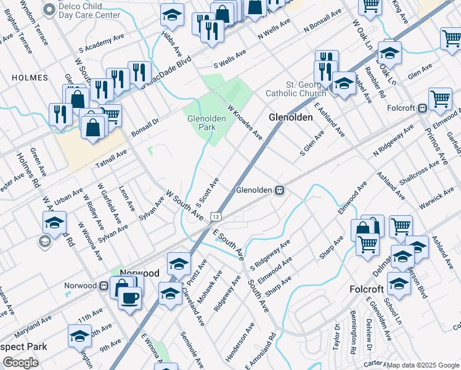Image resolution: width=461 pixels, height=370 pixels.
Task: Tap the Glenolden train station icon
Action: point(279,191)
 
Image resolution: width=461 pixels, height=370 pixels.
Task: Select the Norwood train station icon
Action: point(104,286)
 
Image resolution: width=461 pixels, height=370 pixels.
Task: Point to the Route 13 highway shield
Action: point(214,217)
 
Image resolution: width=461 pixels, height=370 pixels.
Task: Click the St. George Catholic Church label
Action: point(295,89)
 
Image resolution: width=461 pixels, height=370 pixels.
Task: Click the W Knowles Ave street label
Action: point(245,121)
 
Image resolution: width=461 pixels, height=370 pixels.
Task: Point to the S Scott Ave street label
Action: point(208,192)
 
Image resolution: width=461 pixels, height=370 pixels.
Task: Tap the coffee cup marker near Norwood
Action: point(129,298)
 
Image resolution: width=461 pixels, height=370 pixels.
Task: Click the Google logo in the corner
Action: point(20,363)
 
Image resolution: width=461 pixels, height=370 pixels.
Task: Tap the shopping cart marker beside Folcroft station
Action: point(440,98)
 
